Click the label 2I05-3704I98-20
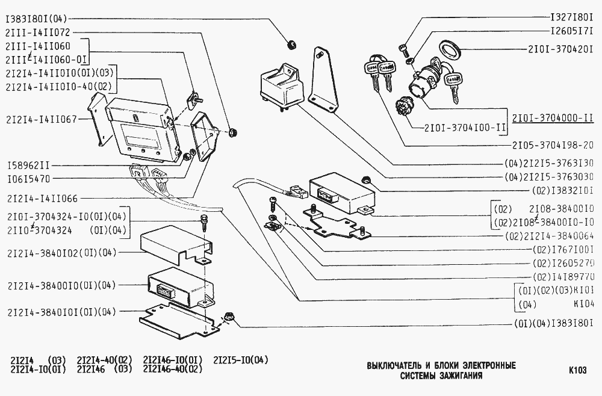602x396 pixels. click(553, 145)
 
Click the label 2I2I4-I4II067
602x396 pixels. click(41, 119)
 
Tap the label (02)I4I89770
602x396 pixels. click(563, 277)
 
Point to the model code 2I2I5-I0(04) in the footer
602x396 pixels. click(241, 360)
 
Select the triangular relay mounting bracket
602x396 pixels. click(323, 81)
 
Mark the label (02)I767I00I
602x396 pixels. click(563, 250)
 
